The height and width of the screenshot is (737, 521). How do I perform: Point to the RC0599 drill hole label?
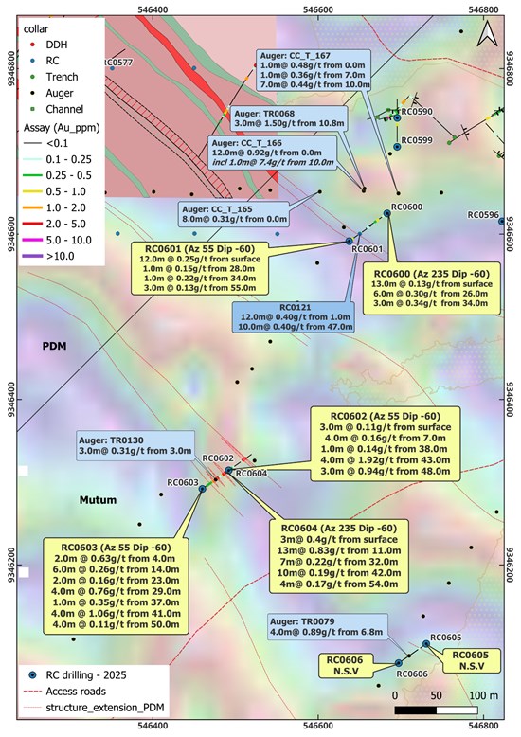pos(417,140)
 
